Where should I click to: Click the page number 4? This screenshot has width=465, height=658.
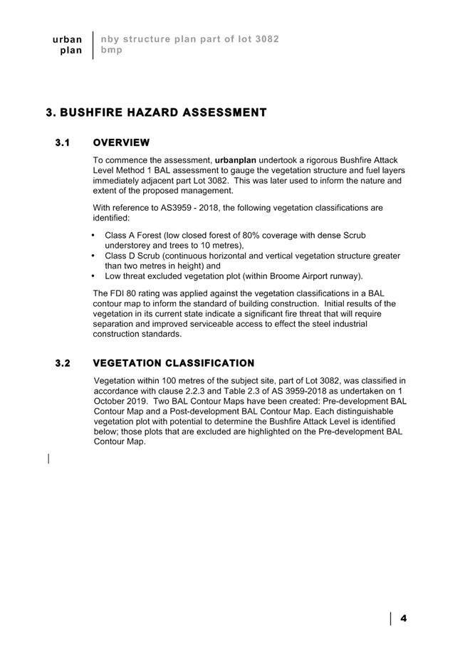point(404,618)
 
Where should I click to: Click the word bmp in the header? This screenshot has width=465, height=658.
point(111,50)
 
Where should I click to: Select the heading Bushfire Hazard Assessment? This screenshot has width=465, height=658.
point(156,113)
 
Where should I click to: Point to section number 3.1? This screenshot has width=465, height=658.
point(63,143)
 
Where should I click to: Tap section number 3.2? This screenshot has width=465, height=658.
point(63,363)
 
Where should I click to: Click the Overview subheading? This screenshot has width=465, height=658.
point(121,143)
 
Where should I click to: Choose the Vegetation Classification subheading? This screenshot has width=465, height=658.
point(174,363)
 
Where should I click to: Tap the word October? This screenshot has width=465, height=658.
point(110,401)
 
